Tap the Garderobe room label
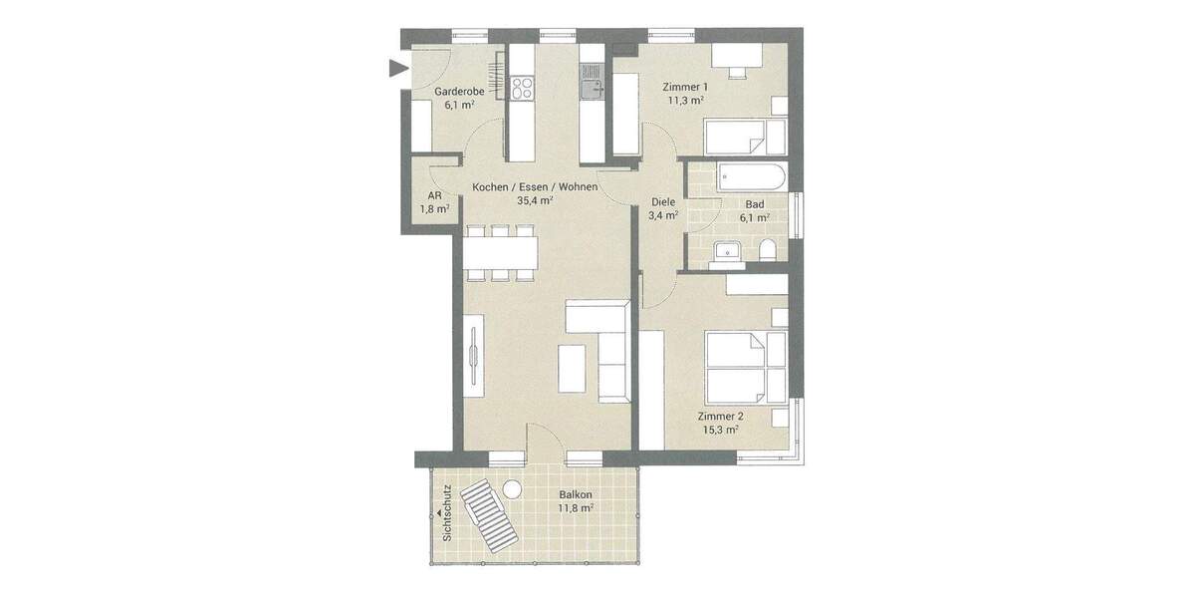pos(459,92)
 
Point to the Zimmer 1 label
pos(685,87)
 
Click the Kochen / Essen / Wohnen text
pos(535,187)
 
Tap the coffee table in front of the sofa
pos(572,369)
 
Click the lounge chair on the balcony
pos(486,513)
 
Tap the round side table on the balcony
pos(514,490)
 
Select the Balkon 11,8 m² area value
pos(576,507)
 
